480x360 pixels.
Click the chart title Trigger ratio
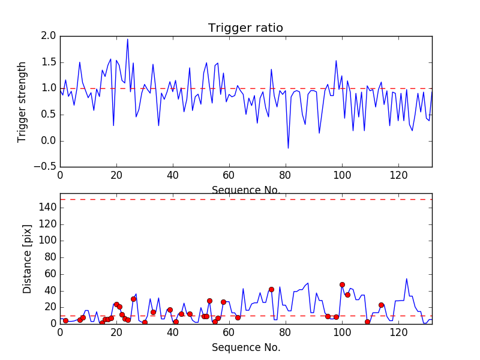coord(245,28)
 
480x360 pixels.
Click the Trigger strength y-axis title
coord(22,101)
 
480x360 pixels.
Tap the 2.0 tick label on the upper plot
coord(49,36)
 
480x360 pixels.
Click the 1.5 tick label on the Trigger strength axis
coord(49,62)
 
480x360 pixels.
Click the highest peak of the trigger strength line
coord(127,39)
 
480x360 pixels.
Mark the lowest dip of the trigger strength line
coord(288,148)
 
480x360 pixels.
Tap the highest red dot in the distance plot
coord(342,285)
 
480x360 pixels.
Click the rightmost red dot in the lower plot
coord(381,305)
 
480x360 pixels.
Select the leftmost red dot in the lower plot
coord(65,320)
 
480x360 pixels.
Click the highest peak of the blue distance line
coord(406,278)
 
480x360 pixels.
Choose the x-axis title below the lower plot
coord(245,347)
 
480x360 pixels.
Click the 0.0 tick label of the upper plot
coord(49,141)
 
